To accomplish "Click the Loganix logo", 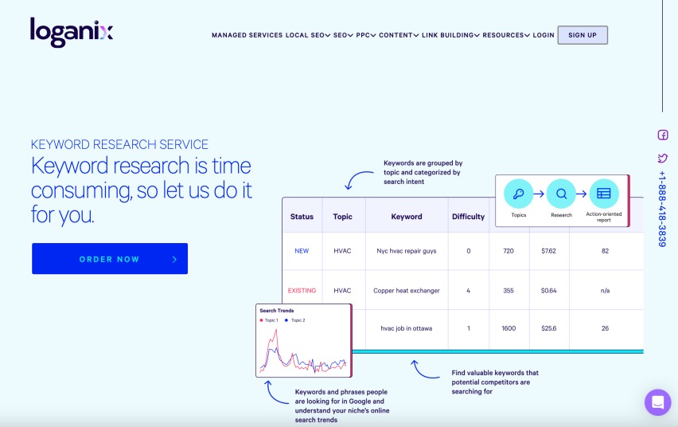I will (x=72, y=32).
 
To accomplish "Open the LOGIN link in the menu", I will (x=544, y=35).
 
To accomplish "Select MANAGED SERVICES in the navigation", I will (x=247, y=35).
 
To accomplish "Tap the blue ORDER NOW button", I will (x=110, y=259).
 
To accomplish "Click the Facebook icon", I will (x=663, y=135).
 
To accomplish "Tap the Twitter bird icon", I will (x=663, y=158).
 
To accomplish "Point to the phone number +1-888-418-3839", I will (x=662, y=209).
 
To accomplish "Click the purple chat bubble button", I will (x=658, y=402).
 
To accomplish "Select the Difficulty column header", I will (x=468, y=217).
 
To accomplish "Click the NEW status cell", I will (x=302, y=251).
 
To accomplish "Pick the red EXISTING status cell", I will (x=302, y=291).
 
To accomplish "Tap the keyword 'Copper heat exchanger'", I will (x=407, y=291).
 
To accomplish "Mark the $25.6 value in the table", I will (x=549, y=328).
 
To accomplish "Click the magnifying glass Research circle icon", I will (x=561, y=193).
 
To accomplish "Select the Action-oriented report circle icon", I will (x=604, y=193).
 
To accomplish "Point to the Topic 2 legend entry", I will (x=295, y=320).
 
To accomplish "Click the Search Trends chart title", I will (x=277, y=311).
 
